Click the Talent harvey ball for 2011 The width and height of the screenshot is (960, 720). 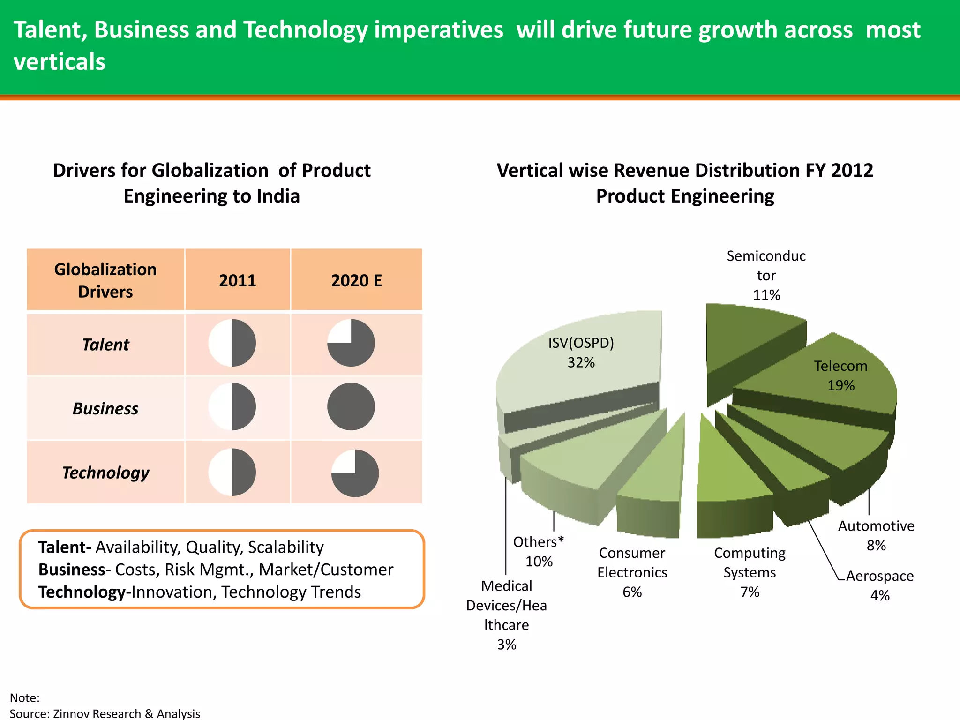[232, 343]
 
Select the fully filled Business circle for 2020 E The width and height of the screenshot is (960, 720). [351, 407]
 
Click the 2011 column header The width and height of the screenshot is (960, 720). [238, 280]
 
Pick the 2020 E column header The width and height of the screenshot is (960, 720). [356, 280]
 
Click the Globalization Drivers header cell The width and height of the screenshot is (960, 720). [105, 280]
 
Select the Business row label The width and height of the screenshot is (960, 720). [105, 409]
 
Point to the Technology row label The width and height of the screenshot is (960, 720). [105, 472]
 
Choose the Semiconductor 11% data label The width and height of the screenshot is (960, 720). [766, 275]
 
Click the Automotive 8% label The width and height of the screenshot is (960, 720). [876, 535]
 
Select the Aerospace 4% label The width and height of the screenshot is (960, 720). [880, 585]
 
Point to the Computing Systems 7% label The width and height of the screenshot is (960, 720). [750, 572]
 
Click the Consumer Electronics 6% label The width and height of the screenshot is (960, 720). [632, 572]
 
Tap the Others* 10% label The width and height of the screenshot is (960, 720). [539, 551]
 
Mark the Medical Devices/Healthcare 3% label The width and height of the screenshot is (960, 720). [506, 615]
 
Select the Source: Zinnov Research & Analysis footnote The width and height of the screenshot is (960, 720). [105, 713]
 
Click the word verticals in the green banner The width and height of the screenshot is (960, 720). [60, 62]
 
